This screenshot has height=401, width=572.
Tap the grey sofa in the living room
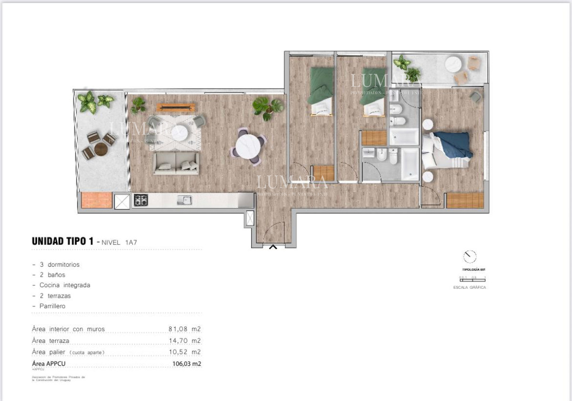pos(176,163)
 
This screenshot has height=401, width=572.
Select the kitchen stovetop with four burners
pos(141,200)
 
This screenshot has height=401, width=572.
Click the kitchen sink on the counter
pos(184,200)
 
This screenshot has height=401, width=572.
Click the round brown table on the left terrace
pos(101,149)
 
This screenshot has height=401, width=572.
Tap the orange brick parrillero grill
pos(96,200)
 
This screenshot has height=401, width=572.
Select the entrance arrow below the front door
pos(273,247)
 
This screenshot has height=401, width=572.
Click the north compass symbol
pos(470,257)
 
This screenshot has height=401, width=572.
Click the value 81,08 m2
pos(184,329)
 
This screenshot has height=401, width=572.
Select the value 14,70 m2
pos(184,341)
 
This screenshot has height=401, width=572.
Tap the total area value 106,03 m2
pos(186,364)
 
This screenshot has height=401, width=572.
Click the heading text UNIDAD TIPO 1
pos(62,241)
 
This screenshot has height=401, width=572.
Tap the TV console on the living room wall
pos(176,107)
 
